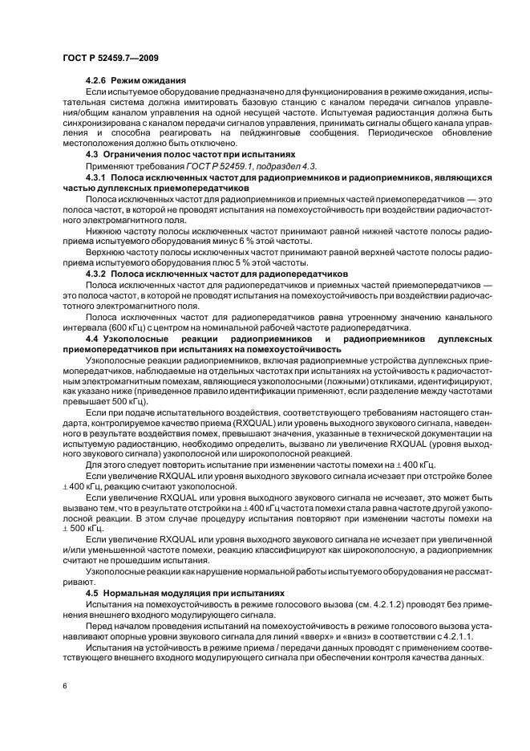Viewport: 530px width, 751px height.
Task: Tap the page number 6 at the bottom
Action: coord(63,687)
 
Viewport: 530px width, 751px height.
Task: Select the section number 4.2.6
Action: coord(96,81)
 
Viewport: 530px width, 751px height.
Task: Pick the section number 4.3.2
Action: coord(96,273)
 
